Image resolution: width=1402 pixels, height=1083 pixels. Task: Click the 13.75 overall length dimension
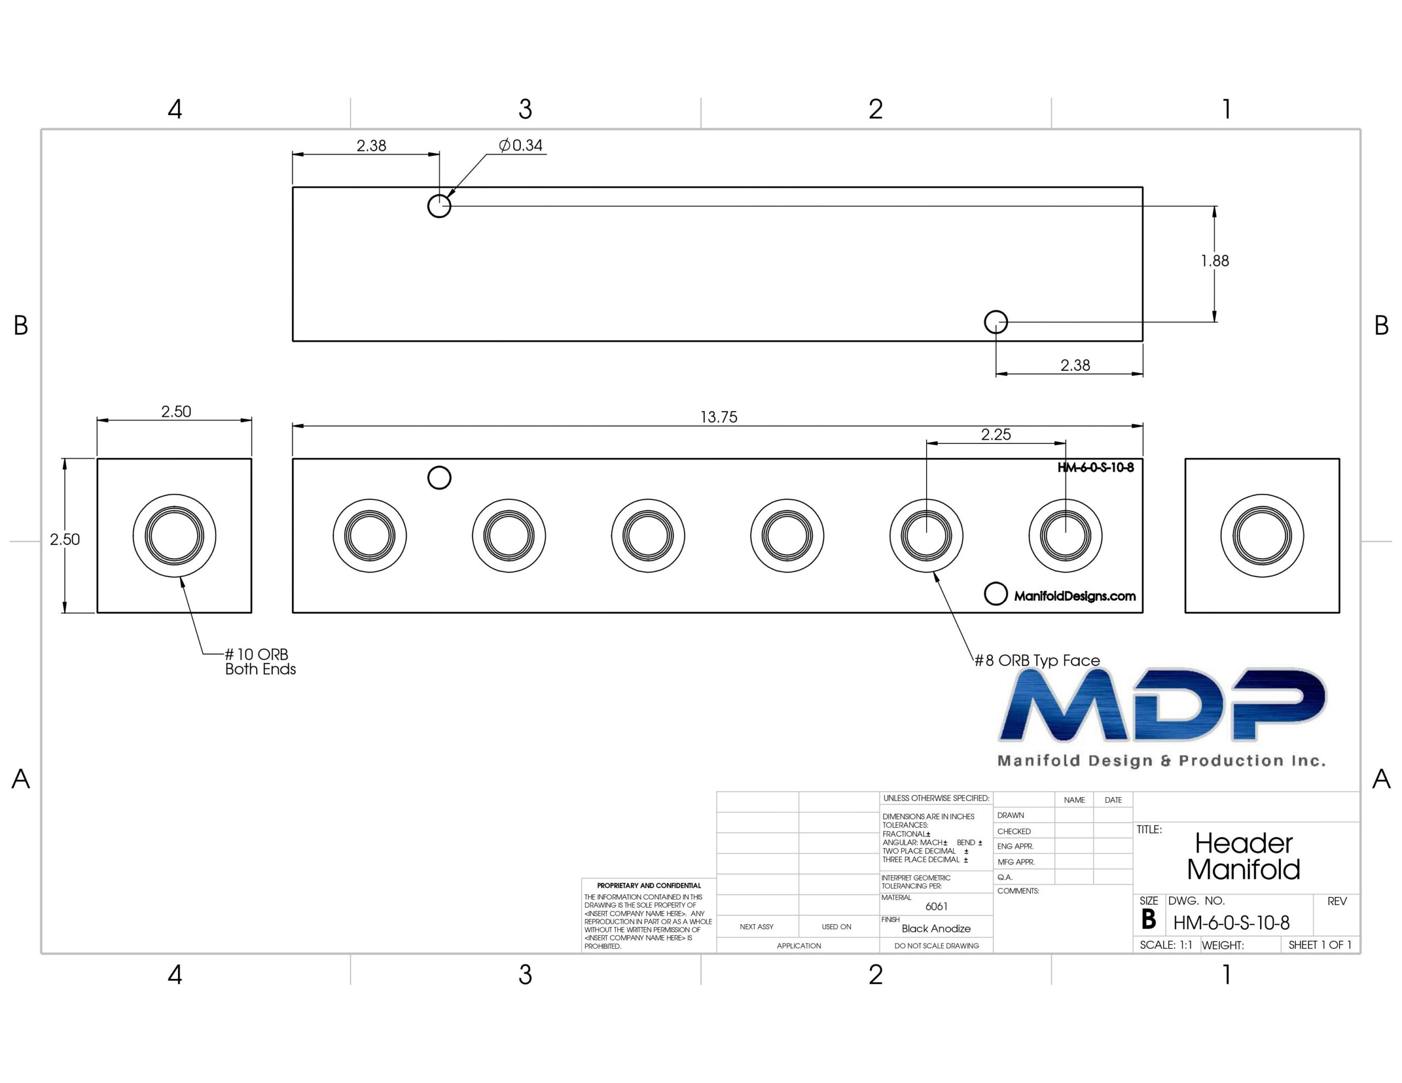coord(719,417)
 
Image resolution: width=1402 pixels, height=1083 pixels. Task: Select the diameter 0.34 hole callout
coord(521,146)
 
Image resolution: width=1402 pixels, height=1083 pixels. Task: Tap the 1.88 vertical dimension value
coord(1215,261)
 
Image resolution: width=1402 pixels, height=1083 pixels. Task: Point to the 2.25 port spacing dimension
coord(996,435)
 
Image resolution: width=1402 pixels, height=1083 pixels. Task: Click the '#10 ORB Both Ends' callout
coord(260,662)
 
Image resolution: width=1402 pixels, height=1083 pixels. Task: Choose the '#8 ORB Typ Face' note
coord(1037,660)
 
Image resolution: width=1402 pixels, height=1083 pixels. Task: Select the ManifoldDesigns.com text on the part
coord(1075,596)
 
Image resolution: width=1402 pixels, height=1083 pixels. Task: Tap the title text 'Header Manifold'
coord(1243,856)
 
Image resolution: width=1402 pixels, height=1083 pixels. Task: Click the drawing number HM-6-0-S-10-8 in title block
coord(1231,923)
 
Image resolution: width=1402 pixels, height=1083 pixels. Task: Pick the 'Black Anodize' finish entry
coord(936,928)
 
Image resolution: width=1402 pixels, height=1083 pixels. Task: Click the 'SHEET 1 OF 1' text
coord(1320,945)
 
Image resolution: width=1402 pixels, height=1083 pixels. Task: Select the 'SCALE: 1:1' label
coord(1166,945)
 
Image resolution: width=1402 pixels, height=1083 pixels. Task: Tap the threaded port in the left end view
coord(175,535)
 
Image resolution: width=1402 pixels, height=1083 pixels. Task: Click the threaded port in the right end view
coord(1262,535)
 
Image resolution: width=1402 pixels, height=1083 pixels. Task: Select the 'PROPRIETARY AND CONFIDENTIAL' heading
coord(649,885)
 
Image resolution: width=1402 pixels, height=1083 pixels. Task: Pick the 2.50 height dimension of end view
coord(65,539)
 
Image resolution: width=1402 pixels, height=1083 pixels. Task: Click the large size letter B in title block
coord(1148,920)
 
